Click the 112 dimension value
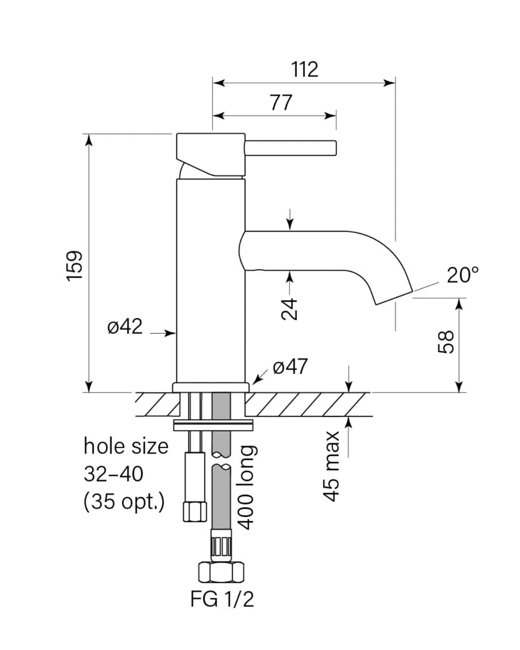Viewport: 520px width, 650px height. pyautogui.click(x=304, y=70)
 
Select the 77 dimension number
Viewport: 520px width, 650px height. pyautogui.click(x=281, y=103)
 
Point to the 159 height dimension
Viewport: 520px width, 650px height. pyautogui.click(x=75, y=266)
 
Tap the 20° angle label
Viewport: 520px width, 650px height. pyautogui.click(x=462, y=275)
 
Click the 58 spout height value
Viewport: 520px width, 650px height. pyautogui.click(x=446, y=342)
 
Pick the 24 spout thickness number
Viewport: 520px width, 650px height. pyautogui.click(x=290, y=309)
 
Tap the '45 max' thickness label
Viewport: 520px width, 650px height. pyautogui.click(x=331, y=466)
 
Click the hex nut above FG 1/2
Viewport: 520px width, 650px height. pyautogui.click(x=221, y=572)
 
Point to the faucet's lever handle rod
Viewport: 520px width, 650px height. pyautogui.click(x=290, y=148)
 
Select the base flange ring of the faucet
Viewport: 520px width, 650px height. pyautogui.click(x=211, y=388)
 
